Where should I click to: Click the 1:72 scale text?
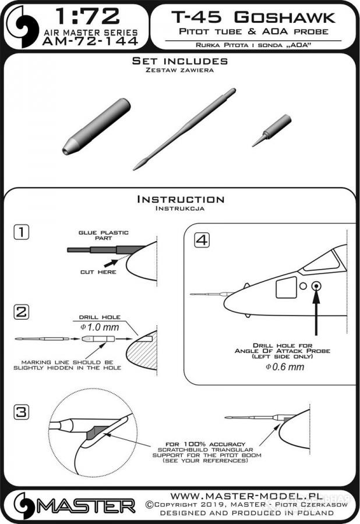pos(87,17)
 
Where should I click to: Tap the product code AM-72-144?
pos(90,41)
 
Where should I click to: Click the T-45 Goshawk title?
pos(253,17)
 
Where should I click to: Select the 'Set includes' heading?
pos(180,61)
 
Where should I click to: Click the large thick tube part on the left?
pos(96,126)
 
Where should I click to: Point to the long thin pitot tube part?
pos(184,129)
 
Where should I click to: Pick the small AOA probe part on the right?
pos(271,130)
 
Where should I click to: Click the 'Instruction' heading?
pos(181,200)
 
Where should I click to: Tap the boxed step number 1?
pos(22,232)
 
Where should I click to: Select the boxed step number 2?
pos(22,312)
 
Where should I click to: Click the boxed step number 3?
pos(22,412)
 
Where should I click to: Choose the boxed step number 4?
pos(202,240)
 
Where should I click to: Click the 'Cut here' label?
pos(98,272)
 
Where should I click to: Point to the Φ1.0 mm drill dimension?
pos(100,327)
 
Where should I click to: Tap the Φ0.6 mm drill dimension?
pos(285,367)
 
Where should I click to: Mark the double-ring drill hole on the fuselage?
pos(316,286)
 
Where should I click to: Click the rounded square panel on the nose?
pos(287,288)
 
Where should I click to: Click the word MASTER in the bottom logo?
pos(86,507)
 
